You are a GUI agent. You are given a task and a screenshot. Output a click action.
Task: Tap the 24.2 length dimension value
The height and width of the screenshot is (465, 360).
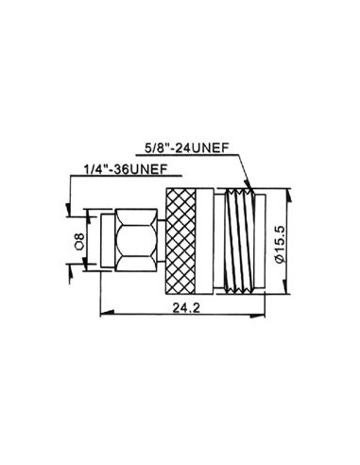[187, 309]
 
